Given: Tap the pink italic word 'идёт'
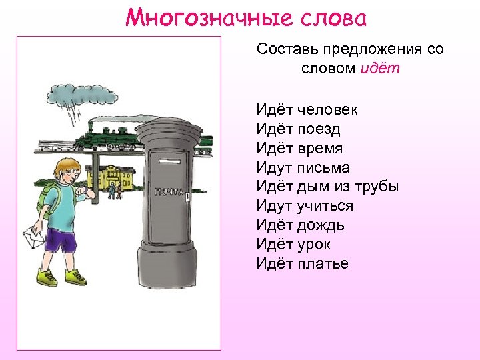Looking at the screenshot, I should pyautogui.click(x=379, y=69).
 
